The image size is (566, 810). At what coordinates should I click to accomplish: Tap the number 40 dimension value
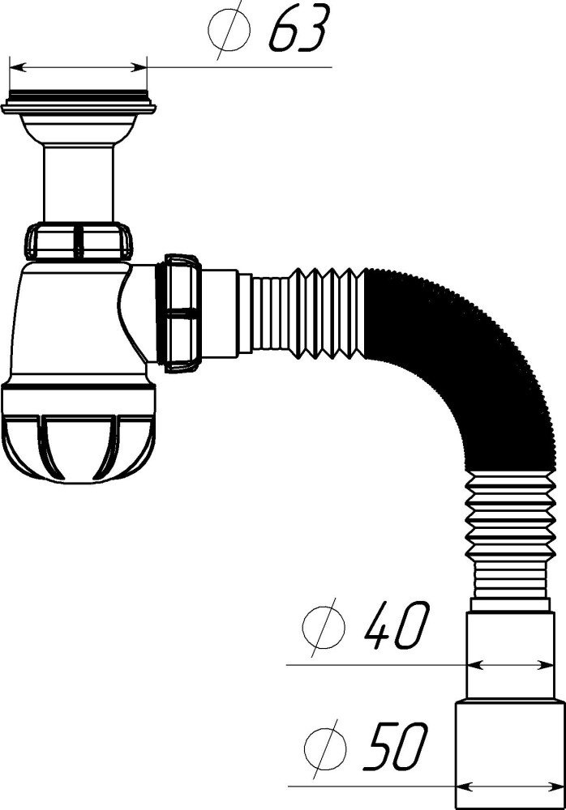tap(397, 625)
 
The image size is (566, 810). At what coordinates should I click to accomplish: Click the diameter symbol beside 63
tap(229, 29)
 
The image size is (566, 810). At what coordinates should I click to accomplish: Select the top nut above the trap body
tap(79, 241)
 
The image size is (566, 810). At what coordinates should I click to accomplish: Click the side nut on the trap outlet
tap(182, 313)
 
